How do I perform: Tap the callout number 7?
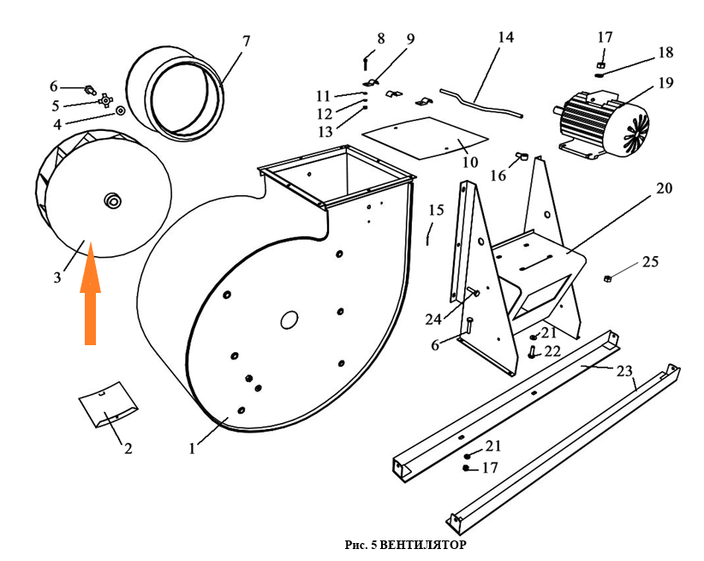tap(247, 41)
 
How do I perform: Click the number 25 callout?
tap(651, 261)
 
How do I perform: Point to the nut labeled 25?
tap(607, 278)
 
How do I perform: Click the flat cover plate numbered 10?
tap(424, 139)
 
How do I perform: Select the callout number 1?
tap(193, 446)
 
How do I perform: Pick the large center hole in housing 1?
tap(289, 319)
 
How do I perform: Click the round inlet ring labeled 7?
tap(176, 92)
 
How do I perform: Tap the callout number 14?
tap(505, 38)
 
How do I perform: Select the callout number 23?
tap(625, 371)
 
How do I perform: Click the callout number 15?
tap(437, 210)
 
